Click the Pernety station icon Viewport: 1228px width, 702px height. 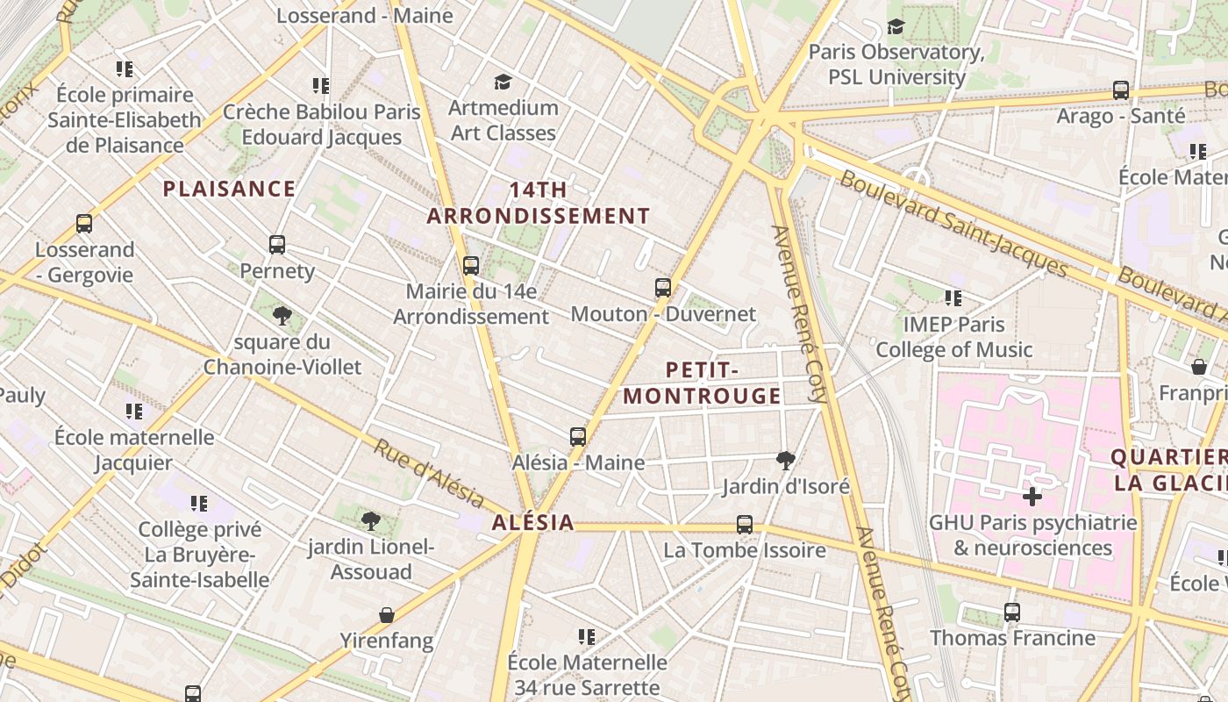click(x=277, y=245)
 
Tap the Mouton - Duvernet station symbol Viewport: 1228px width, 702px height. click(x=663, y=287)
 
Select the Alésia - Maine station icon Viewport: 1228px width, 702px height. click(x=577, y=436)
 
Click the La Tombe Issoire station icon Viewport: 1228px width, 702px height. click(x=745, y=525)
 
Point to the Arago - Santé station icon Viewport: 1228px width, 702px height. click(x=1120, y=90)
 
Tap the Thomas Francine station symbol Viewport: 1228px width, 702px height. click(x=1012, y=612)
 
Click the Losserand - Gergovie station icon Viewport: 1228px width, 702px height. click(x=84, y=223)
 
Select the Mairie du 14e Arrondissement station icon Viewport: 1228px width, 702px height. click(x=471, y=265)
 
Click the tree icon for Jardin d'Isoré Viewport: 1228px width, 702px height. click(x=786, y=460)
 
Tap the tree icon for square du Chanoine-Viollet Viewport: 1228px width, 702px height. click(x=282, y=315)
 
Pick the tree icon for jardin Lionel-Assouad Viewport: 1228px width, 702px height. click(x=371, y=521)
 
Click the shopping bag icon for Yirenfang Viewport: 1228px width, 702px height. click(x=387, y=614)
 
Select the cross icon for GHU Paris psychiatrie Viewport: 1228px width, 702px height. click(x=1032, y=497)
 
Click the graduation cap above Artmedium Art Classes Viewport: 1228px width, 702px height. click(x=503, y=82)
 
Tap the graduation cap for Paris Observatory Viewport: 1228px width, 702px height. click(x=896, y=26)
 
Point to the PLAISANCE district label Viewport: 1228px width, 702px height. click(x=229, y=189)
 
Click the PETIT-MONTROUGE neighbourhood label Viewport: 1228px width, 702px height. click(x=702, y=383)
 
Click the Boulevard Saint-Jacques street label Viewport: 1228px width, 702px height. click(x=953, y=224)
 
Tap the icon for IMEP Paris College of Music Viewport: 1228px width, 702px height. click(x=953, y=298)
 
